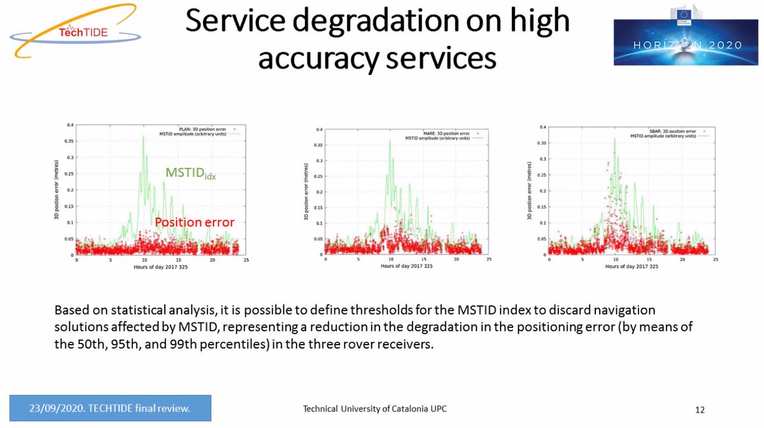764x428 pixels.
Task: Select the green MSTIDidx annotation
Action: click(190, 173)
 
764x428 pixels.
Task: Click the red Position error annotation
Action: click(195, 222)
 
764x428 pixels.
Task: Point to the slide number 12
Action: click(700, 409)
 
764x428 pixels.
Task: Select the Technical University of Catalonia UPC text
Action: click(374, 408)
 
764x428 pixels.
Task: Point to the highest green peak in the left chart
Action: click(143, 135)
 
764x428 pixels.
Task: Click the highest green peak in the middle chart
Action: click(390, 141)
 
